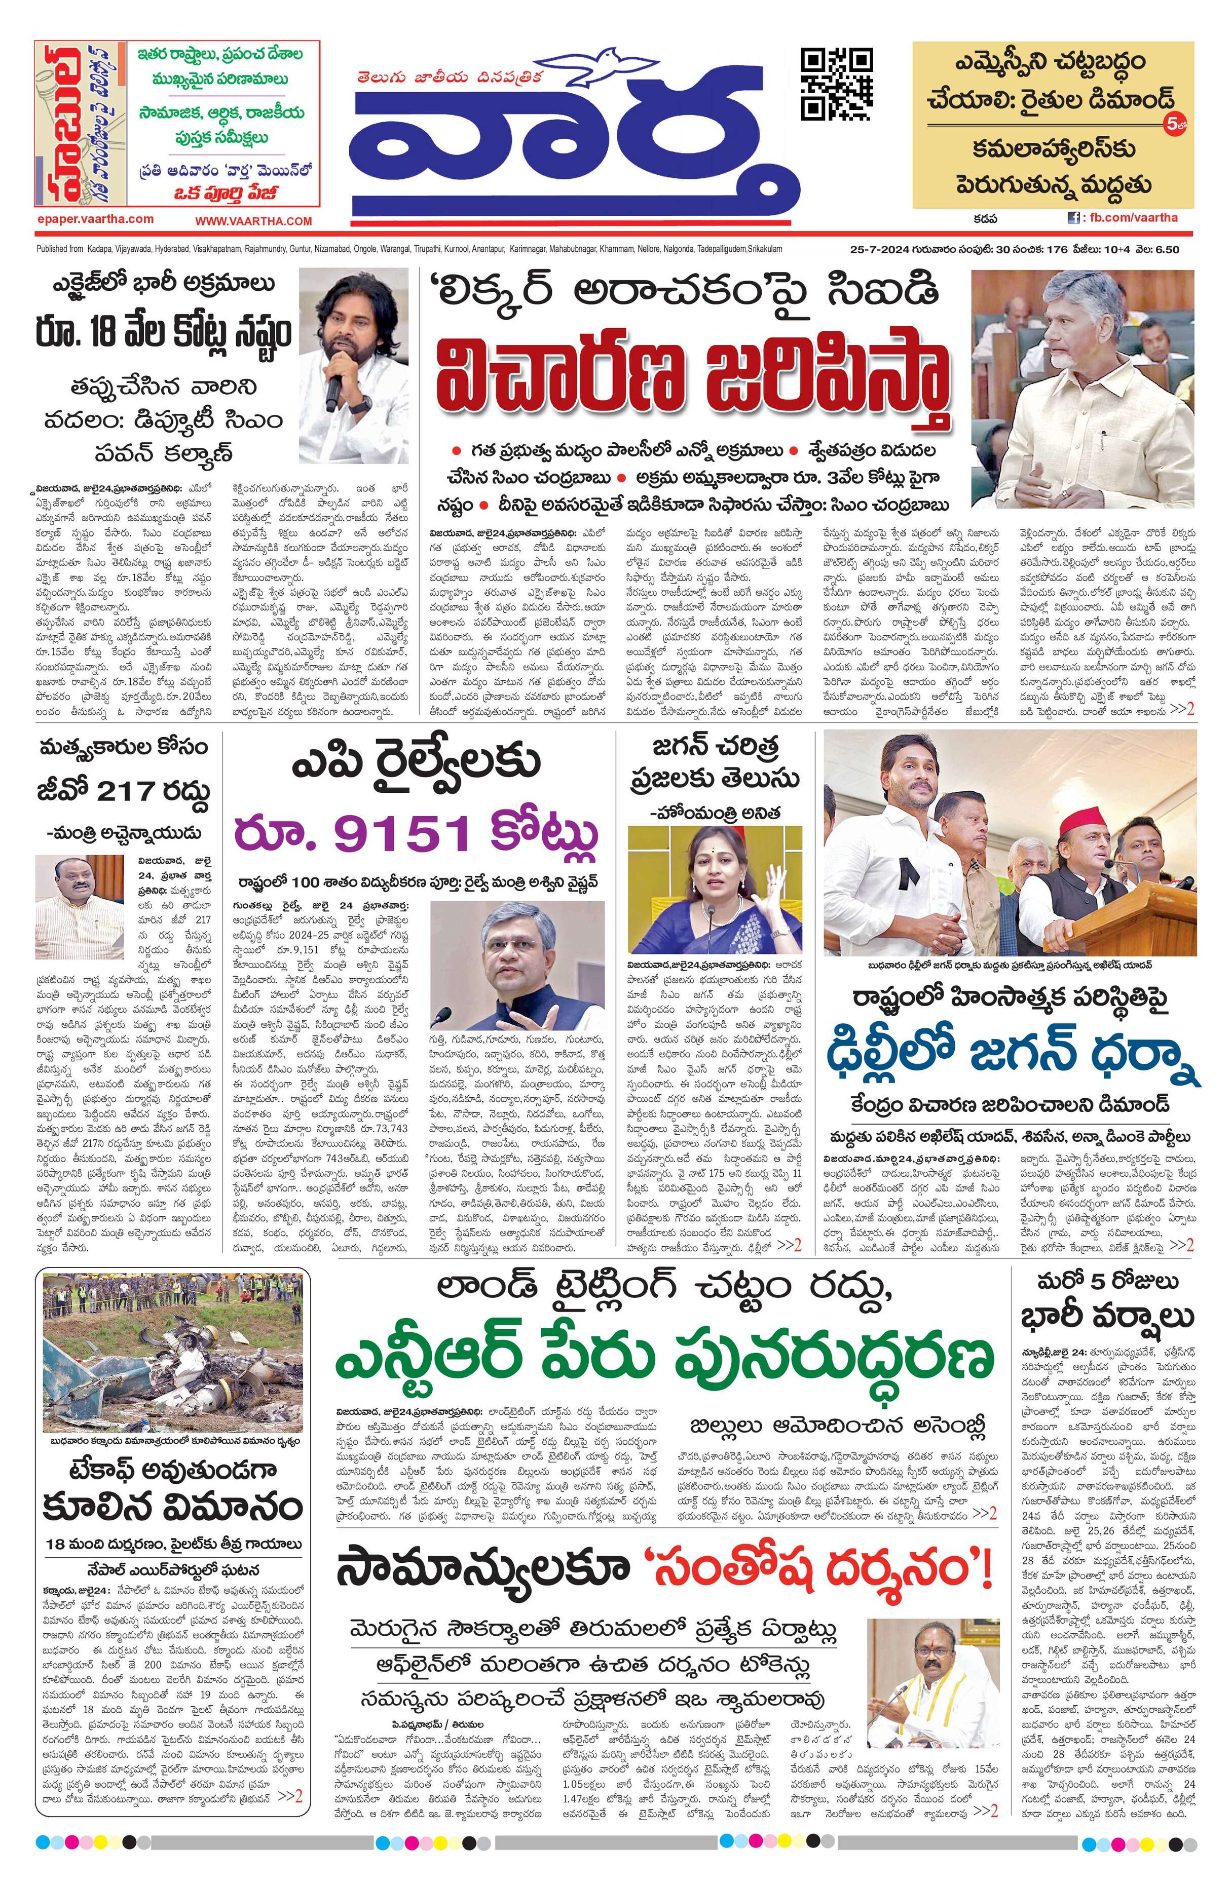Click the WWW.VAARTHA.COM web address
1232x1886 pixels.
click(x=254, y=221)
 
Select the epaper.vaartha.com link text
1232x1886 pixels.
click(x=95, y=219)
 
